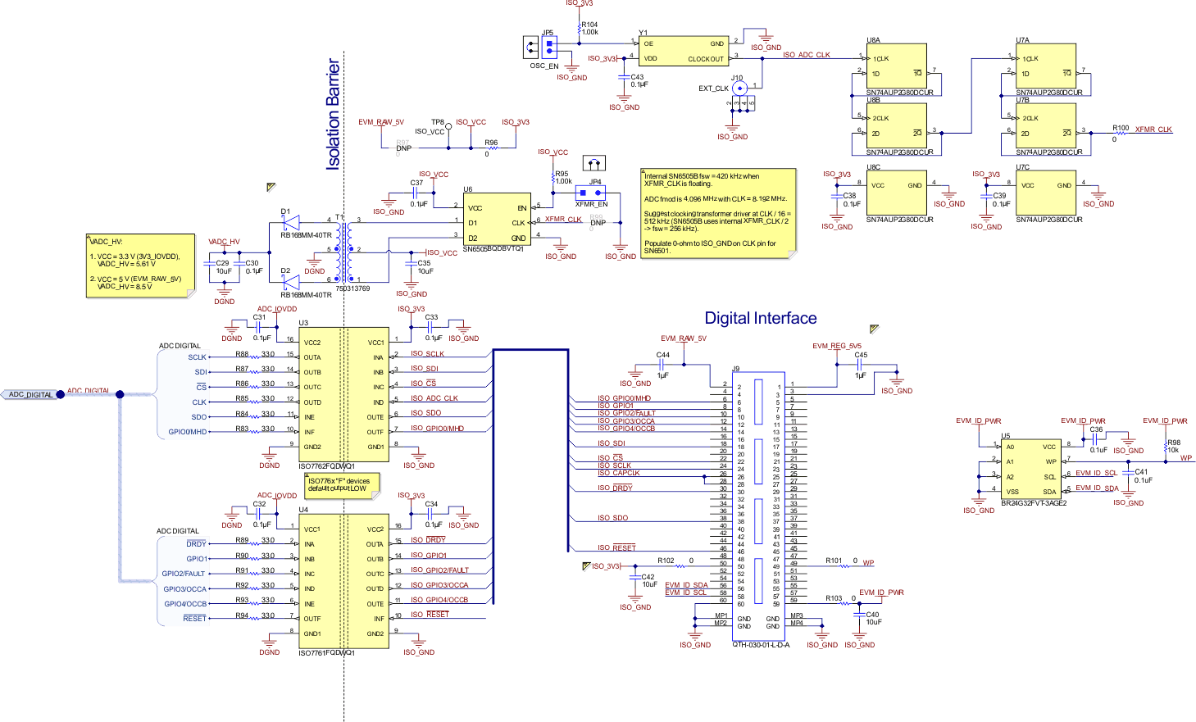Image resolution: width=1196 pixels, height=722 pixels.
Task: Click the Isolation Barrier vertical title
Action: [x=333, y=114]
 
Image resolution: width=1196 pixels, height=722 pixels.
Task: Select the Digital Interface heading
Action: [x=760, y=318]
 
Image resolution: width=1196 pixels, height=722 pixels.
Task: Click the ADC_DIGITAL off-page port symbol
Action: [x=31, y=394]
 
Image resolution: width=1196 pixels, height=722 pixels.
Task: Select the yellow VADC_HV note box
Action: [x=141, y=265]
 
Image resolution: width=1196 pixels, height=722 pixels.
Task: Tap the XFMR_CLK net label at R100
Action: [x=1153, y=129]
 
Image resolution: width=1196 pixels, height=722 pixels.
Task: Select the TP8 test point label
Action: [x=438, y=122]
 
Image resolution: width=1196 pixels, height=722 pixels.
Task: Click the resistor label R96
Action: [x=490, y=143]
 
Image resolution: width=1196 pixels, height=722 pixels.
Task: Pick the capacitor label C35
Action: [x=424, y=263]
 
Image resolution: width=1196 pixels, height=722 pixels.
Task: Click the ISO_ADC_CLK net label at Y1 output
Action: [x=806, y=55]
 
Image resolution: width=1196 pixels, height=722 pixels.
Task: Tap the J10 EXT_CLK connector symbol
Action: [x=739, y=88]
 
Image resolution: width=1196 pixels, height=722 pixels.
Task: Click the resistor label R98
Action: [x=1174, y=443]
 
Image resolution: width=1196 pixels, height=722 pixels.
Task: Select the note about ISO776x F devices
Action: [x=341, y=484]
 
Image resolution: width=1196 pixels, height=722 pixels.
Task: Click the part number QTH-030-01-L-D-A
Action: [x=761, y=645]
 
